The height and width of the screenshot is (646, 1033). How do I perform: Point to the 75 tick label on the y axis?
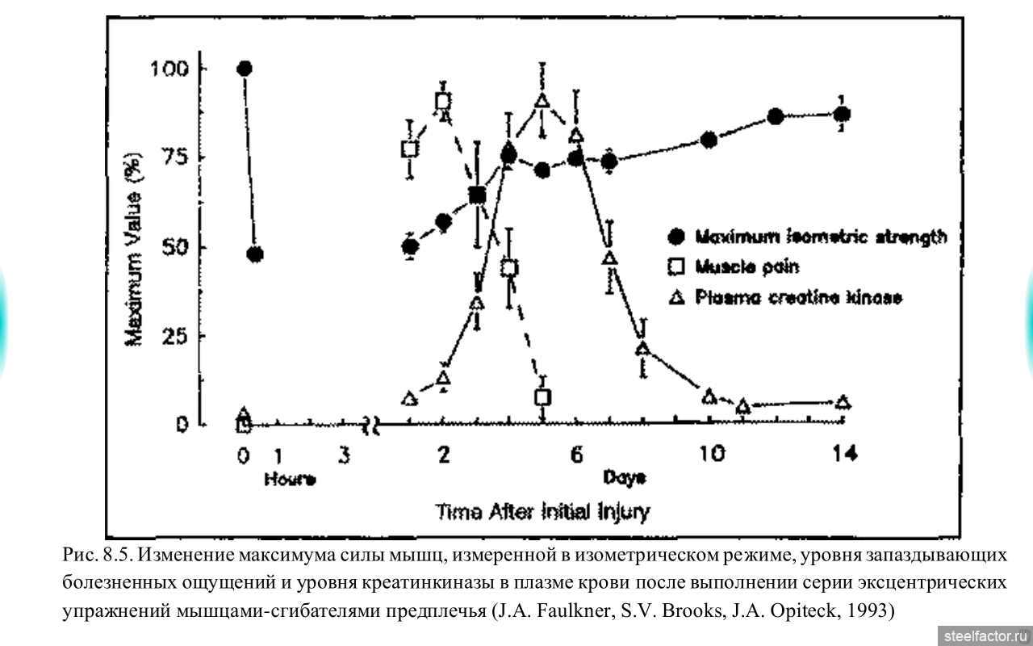pos(174,157)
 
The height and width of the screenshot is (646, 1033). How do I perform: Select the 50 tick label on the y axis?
pos(174,247)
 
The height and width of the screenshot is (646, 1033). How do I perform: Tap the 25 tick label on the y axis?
pos(174,336)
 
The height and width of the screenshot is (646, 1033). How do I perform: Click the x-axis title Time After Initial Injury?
pos(542,512)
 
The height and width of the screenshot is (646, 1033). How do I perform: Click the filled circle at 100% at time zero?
pos(245,69)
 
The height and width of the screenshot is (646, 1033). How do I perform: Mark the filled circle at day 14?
pos(842,115)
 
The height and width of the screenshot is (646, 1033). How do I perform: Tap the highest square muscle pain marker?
pos(443,101)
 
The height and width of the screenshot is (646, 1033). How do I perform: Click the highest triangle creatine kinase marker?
pos(542,101)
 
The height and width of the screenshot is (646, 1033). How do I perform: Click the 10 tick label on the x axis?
pos(710,455)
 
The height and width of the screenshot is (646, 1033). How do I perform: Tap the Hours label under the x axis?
pos(290,480)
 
